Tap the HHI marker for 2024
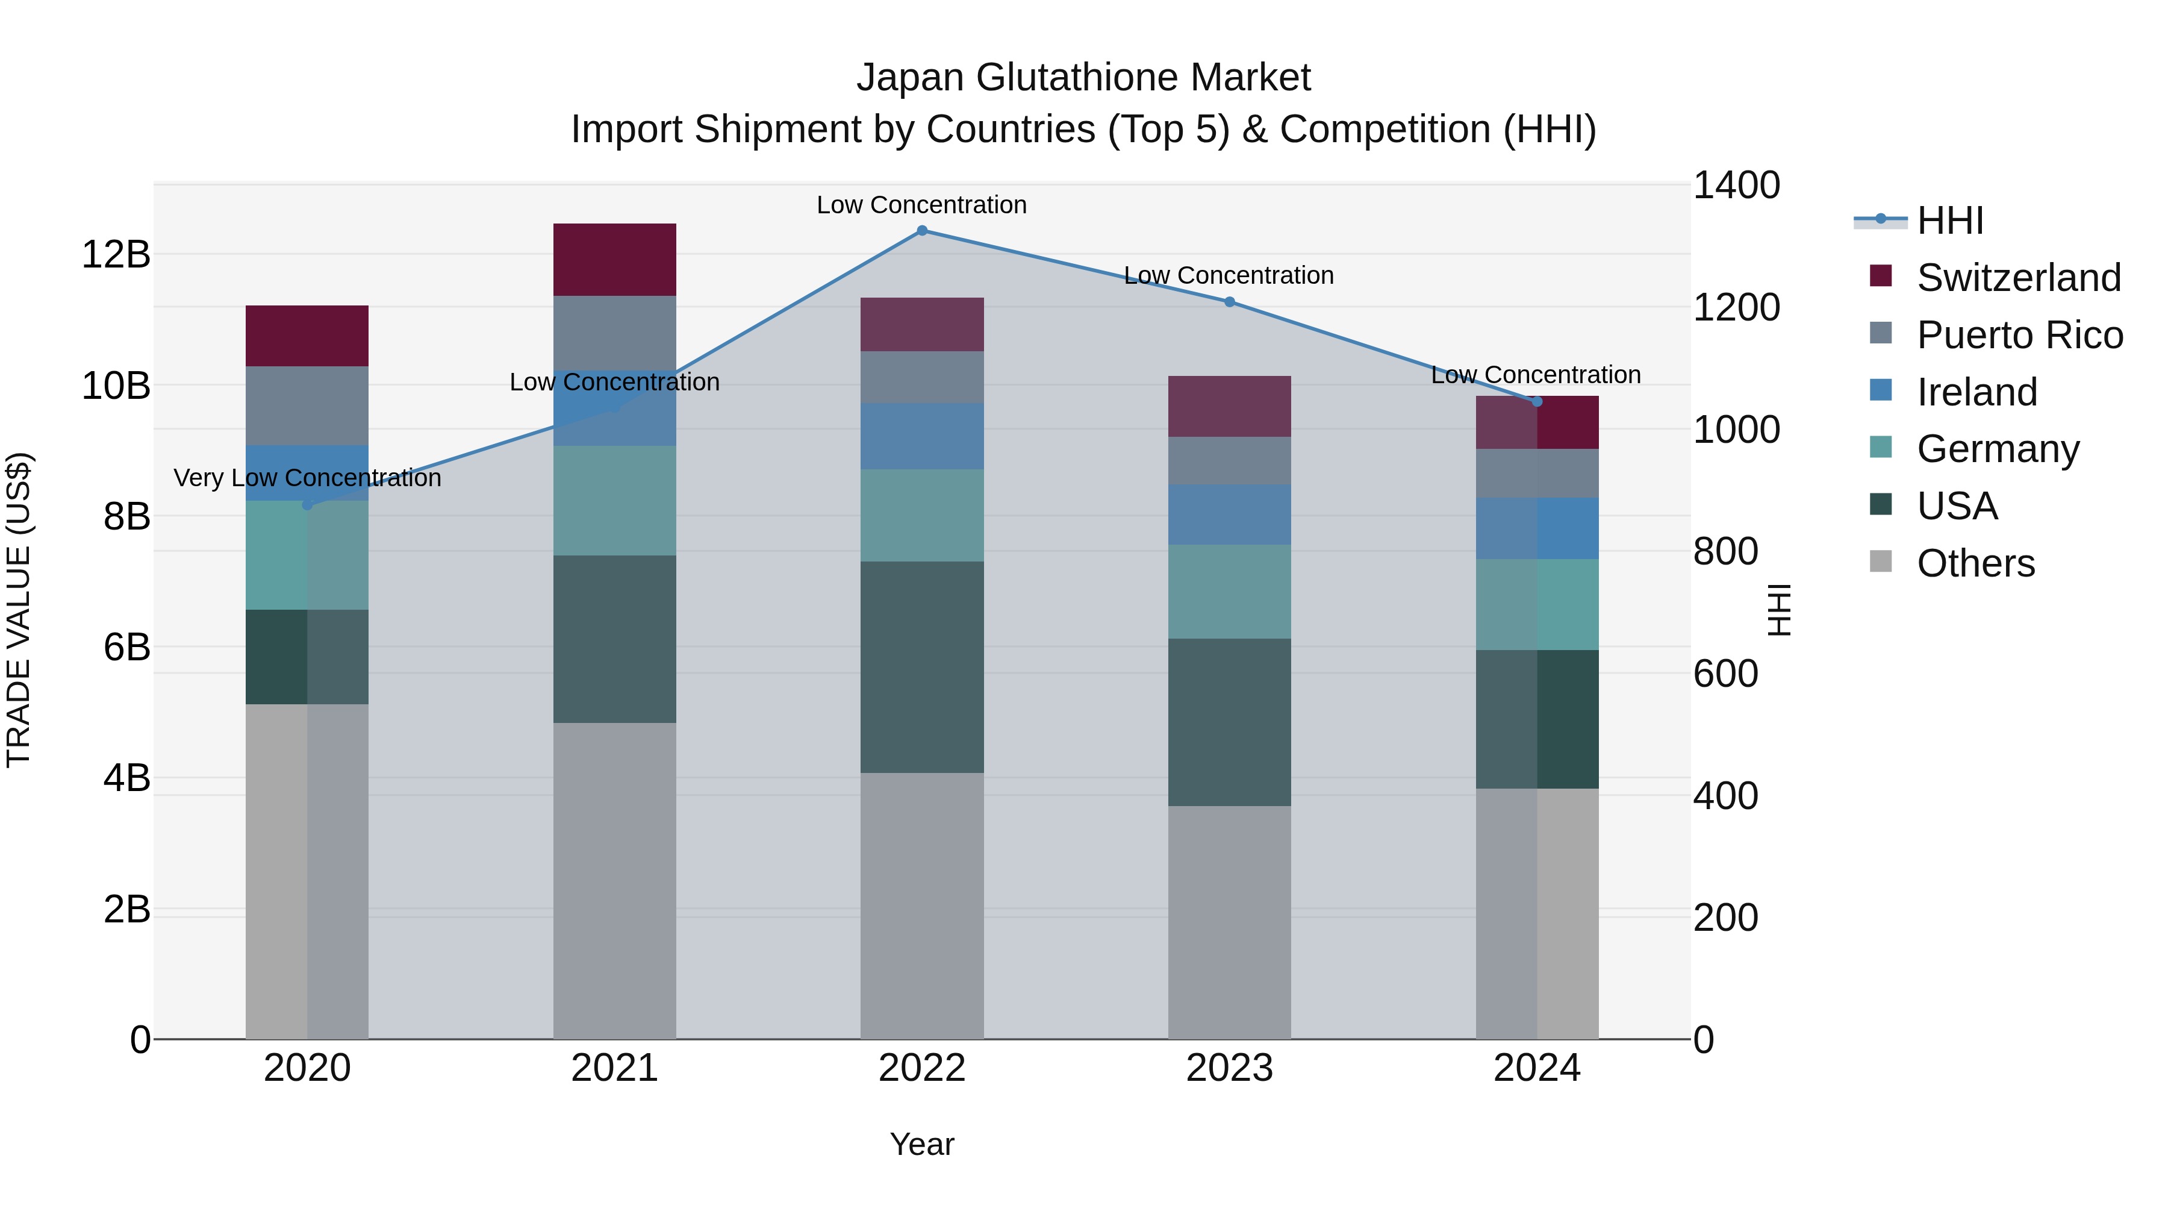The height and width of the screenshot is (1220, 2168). click(x=1537, y=402)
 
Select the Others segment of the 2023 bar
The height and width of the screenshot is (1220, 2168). click(x=1230, y=922)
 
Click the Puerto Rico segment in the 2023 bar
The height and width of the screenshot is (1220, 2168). click(x=1230, y=460)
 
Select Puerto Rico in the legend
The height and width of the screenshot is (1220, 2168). click(x=2020, y=335)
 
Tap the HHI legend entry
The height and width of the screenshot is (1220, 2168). click(x=1950, y=221)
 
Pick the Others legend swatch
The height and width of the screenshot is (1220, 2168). click(x=1880, y=562)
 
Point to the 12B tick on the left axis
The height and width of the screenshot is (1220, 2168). click(x=116, y=254)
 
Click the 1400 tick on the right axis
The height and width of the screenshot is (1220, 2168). click(x=1736, y=185)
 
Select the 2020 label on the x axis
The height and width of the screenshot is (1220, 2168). click(x=307, y=1068)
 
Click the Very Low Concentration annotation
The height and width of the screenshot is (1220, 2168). click(x=307, y=478)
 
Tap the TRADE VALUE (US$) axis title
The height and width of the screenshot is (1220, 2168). click(x=19, y=610)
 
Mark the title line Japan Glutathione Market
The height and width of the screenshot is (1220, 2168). click(x=1083, y=78)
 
